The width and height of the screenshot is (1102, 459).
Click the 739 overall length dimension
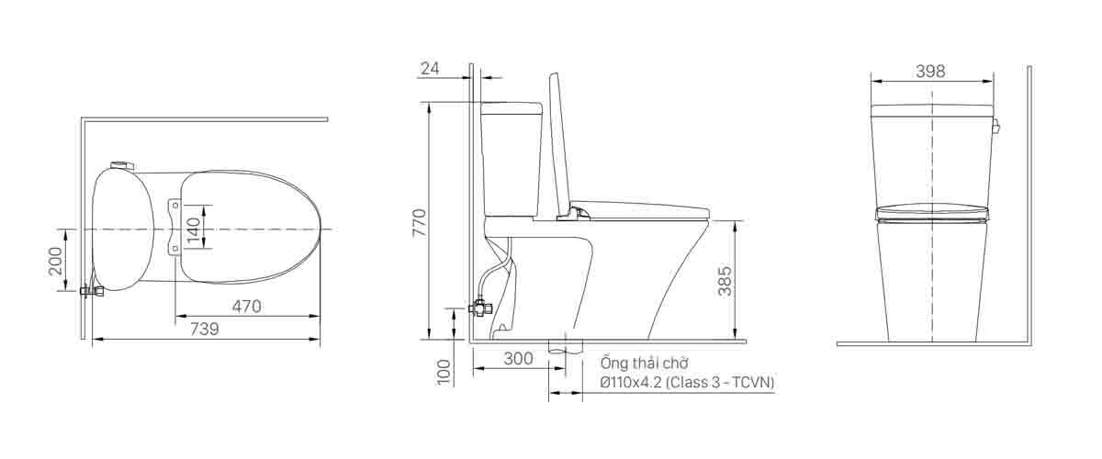[x=204, y=329]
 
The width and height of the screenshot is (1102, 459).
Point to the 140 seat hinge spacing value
[x=193, y=228]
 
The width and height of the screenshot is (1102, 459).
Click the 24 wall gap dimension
[x=430, y=68]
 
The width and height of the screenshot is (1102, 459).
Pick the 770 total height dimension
[x=418, y=223]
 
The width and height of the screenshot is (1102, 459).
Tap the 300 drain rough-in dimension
[x=519, y=359]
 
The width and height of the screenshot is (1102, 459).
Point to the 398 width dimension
[x=930, y=71]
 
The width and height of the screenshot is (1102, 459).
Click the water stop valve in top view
[x=90, y=291]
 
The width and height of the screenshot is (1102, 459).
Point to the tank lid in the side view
[x=512, y=107]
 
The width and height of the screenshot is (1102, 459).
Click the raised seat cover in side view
[x=560, y=142]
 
